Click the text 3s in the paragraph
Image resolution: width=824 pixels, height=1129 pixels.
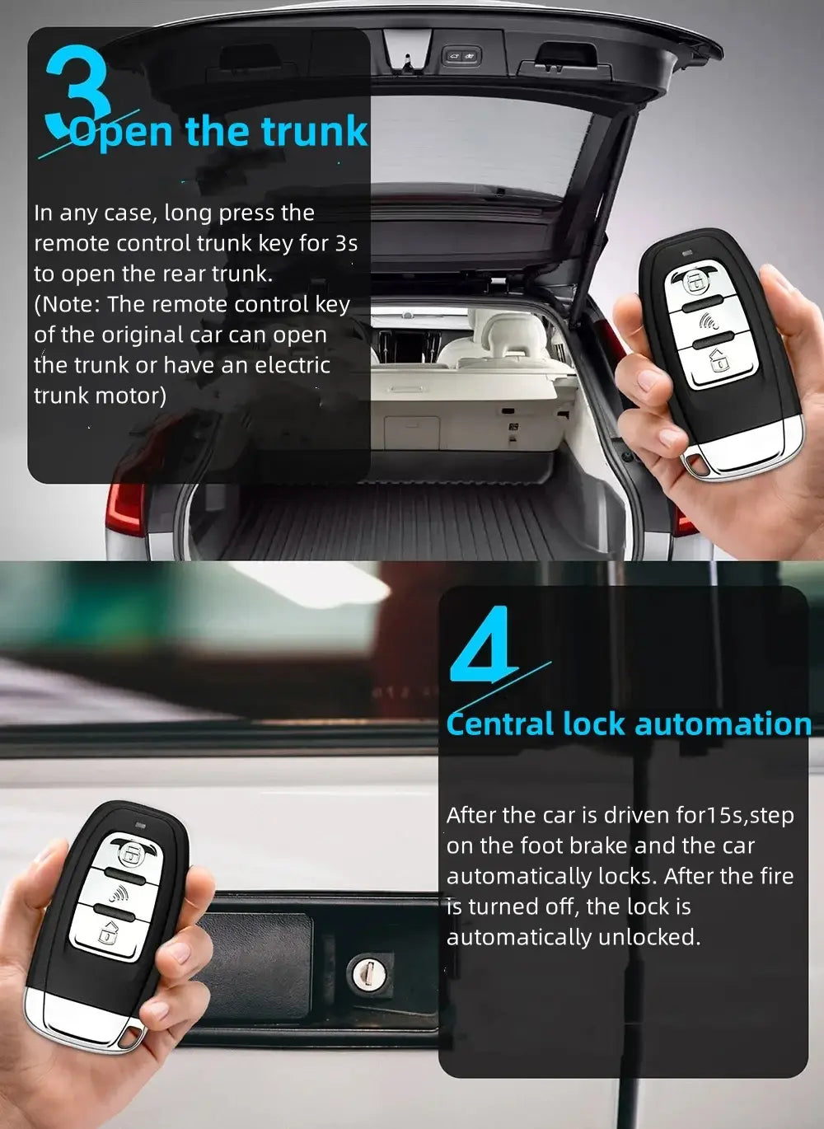coord(346,243)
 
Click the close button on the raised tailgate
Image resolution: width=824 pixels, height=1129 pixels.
coord(461,56)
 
